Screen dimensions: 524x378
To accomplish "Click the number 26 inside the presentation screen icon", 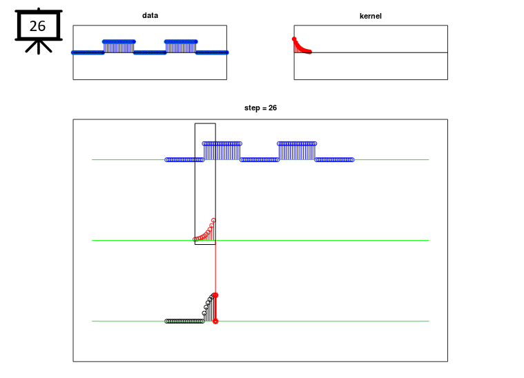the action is pyautogui.click(x=37, y=26).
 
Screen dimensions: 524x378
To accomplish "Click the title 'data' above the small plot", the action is pyautogui.click(x=150, y=15).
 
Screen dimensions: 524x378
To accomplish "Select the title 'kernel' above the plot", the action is pyautogui.click(x=370, y=16).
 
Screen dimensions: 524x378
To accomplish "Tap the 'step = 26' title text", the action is pyautogui.click(x=260, y=108).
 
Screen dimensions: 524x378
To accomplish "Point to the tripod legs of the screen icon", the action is pyautogui.click(x=39, y=47).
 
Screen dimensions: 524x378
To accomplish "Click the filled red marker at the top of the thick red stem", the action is pyautogui.click(x=215, y=295).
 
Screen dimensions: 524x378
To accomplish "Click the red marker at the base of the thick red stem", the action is pyautogui.click(x=215, y=321).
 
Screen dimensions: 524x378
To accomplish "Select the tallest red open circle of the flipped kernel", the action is pyautogui.click(x=213, y=221).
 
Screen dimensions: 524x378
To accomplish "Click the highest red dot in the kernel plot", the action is pyautogui.click(x=294, y=39).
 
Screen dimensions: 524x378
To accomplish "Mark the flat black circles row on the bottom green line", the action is pyautogui.click(x=184, y=321).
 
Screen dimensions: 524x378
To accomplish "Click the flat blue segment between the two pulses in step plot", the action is pyautogui.click(x=260, y=160).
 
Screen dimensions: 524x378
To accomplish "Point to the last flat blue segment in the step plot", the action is pyautogui.click(x=334, y=160).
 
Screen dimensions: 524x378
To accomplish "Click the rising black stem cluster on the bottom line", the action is pyautogui.click(x=208, y=307).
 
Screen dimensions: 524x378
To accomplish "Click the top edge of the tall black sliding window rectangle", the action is pyautogui.click(x=205, y=123).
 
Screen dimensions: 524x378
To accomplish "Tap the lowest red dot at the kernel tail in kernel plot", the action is pyautogui.click(x=310, y=52).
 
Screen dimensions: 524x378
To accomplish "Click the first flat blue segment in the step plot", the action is pyautogui.click(x=184, y=160).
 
